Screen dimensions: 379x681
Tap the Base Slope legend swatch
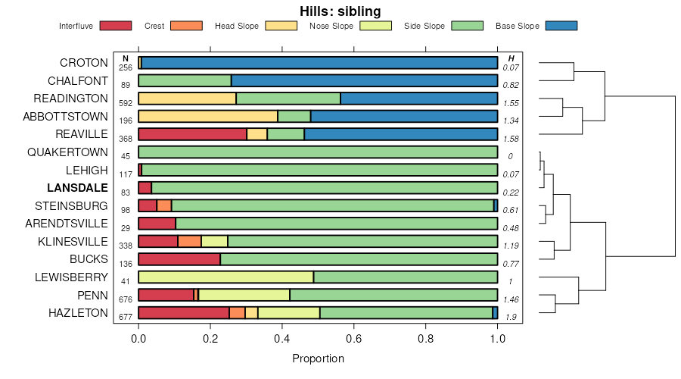point(561,26)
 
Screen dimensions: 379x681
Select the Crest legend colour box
point(186,26)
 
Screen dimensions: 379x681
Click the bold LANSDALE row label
point(77,188)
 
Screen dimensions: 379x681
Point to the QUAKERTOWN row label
point(68,152)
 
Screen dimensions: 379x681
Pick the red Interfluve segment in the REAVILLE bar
point(192,134)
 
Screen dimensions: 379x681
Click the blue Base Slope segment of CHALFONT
point(364,80)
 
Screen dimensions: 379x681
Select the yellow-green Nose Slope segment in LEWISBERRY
point(225,277)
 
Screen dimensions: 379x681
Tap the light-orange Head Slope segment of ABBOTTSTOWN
point(208,116)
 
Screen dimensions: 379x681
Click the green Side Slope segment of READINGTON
point(288,99)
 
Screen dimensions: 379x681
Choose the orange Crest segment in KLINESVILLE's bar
point(189,241)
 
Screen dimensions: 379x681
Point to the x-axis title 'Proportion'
point(318,359)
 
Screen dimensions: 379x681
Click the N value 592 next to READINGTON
point(126,103)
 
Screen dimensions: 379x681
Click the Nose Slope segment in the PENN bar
point(244,295)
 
